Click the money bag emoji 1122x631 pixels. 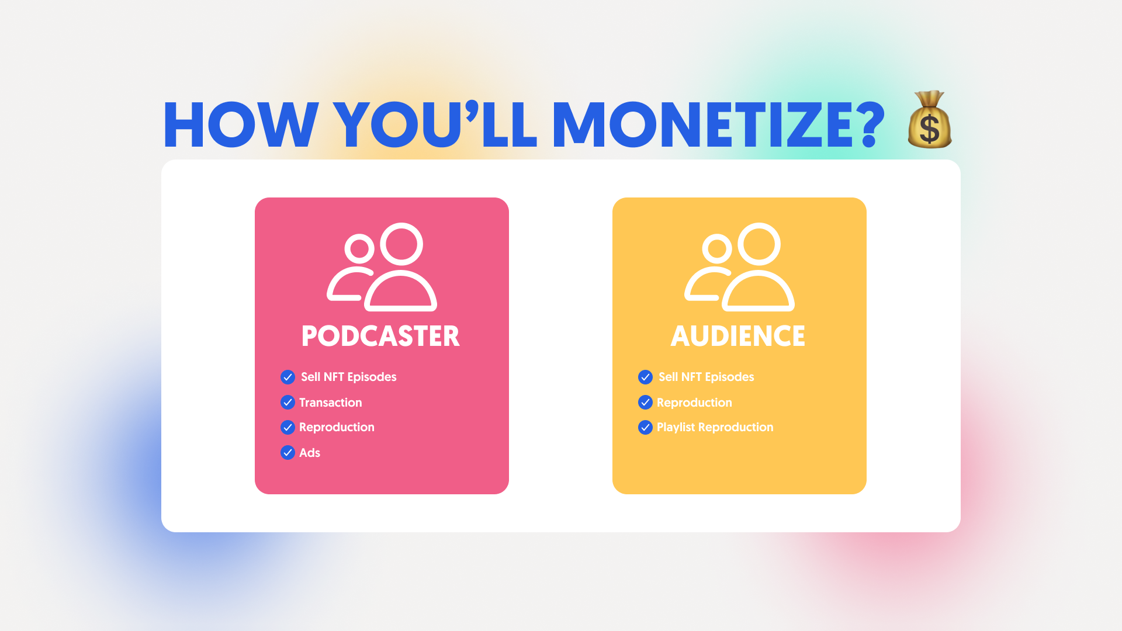(x=930, y=119)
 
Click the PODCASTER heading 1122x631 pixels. (x=380, y=336)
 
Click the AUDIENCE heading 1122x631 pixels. (x=738, y=336)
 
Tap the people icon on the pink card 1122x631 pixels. (x=382, y=267)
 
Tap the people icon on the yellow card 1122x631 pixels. (x=739, y=267)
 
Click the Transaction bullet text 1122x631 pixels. (x=330, y=403)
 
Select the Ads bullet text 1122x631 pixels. (x=310, y=453)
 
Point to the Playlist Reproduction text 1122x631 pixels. (x=715, y=427)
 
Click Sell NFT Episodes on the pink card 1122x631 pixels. (x=348, y=377)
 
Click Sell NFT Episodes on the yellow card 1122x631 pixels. (x=706, y=377)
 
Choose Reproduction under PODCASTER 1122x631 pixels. (x=337, y=427)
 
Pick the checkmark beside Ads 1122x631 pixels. (x=288, y=453)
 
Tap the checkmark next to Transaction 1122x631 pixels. (x=288, y=403)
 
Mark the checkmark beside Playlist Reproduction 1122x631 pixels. (x=645, y=428)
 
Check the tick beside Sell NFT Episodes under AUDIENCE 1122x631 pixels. (x=645, y=377)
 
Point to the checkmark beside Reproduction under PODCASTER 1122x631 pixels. (x=288, y=428)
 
